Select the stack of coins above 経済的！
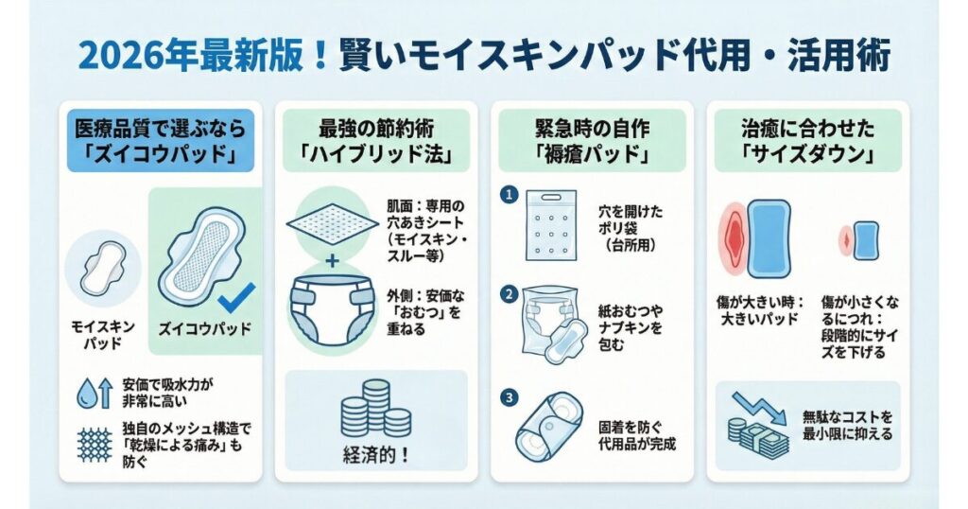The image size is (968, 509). click(x=376, y=409)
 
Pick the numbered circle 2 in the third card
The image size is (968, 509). click(x=509, y=294)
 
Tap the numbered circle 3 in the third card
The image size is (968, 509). click(x=509, y=397)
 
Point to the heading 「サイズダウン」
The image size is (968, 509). click(x=807, y=152)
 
